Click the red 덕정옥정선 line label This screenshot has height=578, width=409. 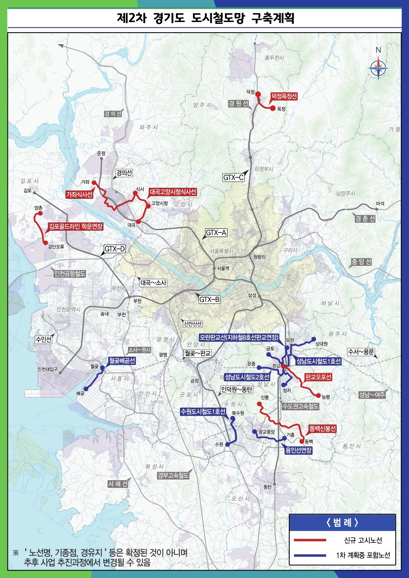click(284, 96)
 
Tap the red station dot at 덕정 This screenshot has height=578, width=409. click(258, 94)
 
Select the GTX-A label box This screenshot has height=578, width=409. click(216, 233)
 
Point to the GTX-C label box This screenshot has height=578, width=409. click(233, 177)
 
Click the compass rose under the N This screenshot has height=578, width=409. click(378, 69)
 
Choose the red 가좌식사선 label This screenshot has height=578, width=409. click(79, 194)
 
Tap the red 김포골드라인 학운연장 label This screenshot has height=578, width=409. click(75, 226)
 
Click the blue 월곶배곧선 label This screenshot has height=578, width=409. click(122, 361)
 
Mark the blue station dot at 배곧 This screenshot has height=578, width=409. click(86, 389)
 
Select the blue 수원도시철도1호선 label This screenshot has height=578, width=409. click(203, 412)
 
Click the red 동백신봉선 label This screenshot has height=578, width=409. click(322, 428)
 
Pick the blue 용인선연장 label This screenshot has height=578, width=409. click(298, 450)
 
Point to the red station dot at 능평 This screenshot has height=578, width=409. click(318, 396)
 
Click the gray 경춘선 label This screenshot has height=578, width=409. click(365, 218)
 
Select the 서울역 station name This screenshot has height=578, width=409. click(223, 268)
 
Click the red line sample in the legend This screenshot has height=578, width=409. click(310, 540)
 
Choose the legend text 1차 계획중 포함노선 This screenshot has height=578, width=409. click(363, 555)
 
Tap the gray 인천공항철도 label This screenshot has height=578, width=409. click(70, 273)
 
